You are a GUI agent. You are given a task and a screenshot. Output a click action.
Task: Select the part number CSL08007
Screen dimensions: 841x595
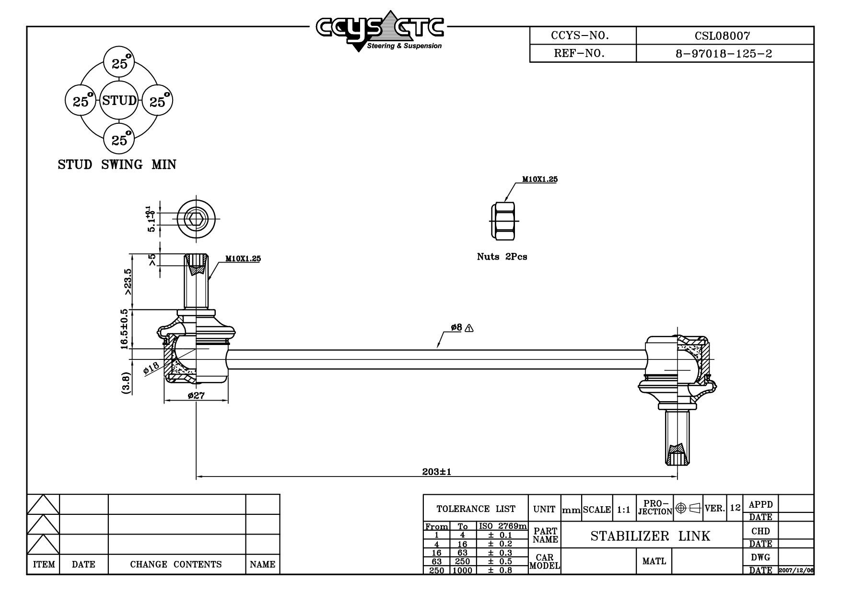pos(723,36)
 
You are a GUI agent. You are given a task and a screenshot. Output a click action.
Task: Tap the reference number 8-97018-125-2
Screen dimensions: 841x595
pos(724,53)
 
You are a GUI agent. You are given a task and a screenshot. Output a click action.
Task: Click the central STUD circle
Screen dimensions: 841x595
pos(119,101)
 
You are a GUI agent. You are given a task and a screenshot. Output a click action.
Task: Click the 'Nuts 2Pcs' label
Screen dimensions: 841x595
pos(502,257)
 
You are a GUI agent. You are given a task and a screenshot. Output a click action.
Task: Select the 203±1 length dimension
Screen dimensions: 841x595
pos(436,472)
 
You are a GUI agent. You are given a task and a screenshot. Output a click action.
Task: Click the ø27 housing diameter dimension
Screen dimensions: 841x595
pos(196,396)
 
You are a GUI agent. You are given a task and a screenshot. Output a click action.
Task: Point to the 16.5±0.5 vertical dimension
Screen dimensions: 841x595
pos(125,329)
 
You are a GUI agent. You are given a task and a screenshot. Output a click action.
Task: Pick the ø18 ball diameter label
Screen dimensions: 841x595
pos(151,369)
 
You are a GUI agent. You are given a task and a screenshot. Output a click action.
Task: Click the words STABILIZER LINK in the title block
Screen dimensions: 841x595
pos(650,536)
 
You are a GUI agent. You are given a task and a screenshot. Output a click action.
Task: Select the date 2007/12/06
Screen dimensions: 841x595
pos(796,570)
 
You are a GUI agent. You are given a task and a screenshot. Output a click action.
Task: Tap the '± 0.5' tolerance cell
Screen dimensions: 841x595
pos(500,561)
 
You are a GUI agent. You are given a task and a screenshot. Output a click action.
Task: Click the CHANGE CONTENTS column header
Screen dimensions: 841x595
pos(176,564)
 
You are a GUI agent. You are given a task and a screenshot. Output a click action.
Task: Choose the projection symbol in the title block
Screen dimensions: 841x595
pos(688,508)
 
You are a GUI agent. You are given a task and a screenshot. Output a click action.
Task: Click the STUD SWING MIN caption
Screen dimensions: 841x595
pos(117,165)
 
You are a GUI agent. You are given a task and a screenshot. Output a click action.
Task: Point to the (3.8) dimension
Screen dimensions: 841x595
pos(126,383)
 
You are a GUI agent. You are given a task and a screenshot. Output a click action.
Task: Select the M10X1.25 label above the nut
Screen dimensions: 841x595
pos(540,179)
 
